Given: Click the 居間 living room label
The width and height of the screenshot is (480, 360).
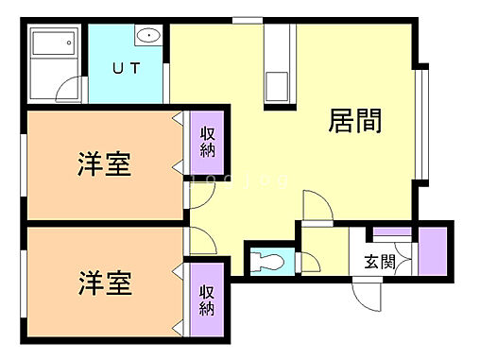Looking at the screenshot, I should [x=355, y=122].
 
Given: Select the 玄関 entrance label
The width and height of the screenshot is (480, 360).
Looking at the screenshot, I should [x=380, y=262].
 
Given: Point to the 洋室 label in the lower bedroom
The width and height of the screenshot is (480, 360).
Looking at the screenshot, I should [x=104, y=282].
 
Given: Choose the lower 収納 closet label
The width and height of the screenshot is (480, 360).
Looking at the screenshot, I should [x=208, y=301].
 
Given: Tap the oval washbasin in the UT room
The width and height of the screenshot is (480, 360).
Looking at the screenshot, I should [x=149, y=37].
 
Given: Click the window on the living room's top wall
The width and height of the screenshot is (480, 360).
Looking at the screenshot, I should [x=247, y=21].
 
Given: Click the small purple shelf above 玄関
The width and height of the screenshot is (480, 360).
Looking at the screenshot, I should [x=388, y=233].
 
